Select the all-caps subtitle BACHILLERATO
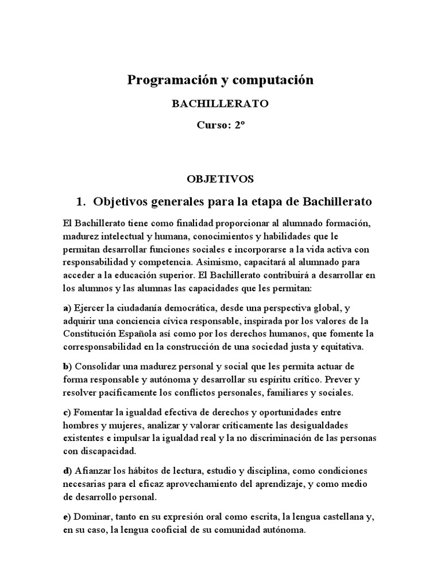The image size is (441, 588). (220, 104)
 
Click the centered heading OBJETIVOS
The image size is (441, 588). (220, 179)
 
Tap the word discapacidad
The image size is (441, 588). (99, 452)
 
